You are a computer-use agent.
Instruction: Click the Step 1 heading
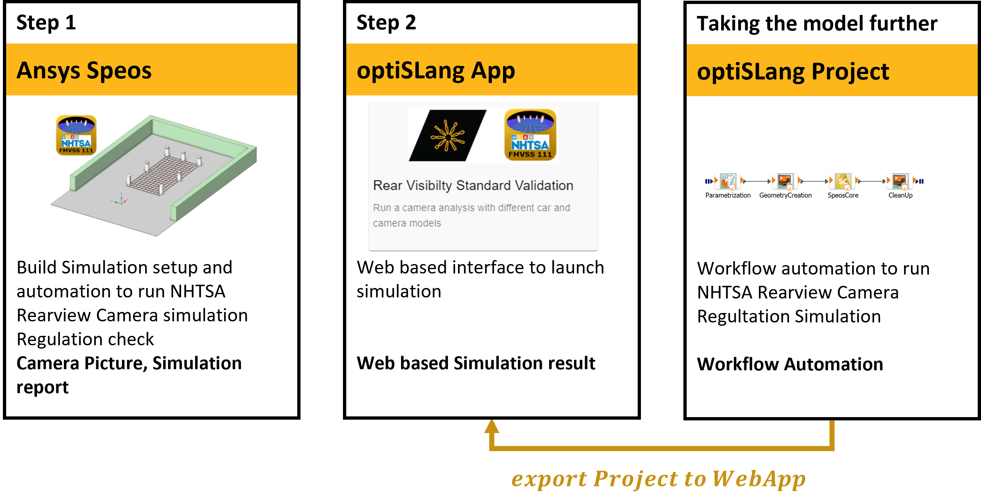coord(46,23)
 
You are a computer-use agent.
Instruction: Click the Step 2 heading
coord(386,23)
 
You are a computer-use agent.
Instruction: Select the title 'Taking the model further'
coord(817,24)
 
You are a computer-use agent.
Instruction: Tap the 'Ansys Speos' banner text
coord(84,71)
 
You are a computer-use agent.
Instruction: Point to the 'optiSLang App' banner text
coord(436,71)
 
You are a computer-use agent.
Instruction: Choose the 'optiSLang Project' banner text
coord(793,71)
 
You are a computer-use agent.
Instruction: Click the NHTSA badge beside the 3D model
coord(76,135)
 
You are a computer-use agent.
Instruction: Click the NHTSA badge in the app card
coord(530,135)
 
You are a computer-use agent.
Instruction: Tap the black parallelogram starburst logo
coord(447,136)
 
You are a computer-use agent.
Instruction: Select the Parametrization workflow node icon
coord(728,181)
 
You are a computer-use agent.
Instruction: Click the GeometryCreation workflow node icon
coord(785,181)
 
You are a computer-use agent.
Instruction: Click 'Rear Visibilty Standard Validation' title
coord(473,185)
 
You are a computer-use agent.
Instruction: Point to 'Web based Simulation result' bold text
coord(476,363)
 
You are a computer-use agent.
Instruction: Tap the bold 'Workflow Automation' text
coord(790,365)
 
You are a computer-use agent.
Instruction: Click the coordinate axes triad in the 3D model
coord(121,200)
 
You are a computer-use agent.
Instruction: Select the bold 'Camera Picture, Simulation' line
coord(129,363)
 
